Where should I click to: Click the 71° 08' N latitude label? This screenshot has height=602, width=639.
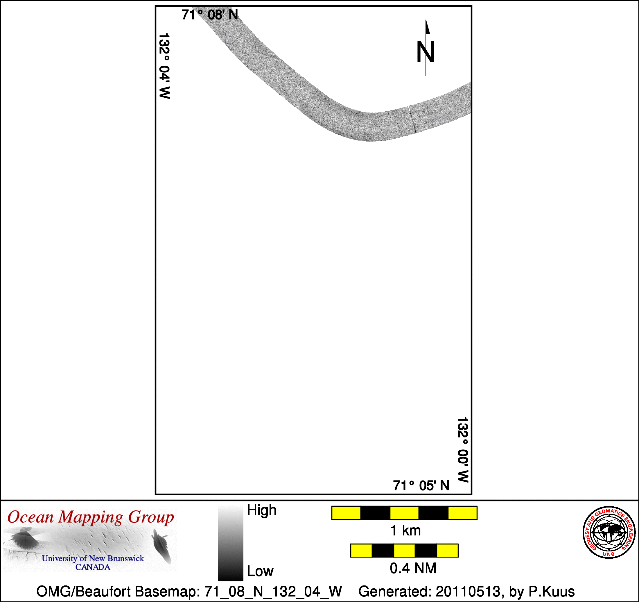tap(210, 15)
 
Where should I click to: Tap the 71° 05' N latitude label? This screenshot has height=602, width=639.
tap(421, 485)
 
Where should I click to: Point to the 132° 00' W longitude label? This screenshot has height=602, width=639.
tap(463, 449)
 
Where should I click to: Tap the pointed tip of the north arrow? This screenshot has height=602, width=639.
tap(426, 20)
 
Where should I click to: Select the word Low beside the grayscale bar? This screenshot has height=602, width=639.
tap(260, 571)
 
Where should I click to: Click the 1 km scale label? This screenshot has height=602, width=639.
tap(405, 530)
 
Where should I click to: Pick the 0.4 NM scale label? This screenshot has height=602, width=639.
tap(413, 568)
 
